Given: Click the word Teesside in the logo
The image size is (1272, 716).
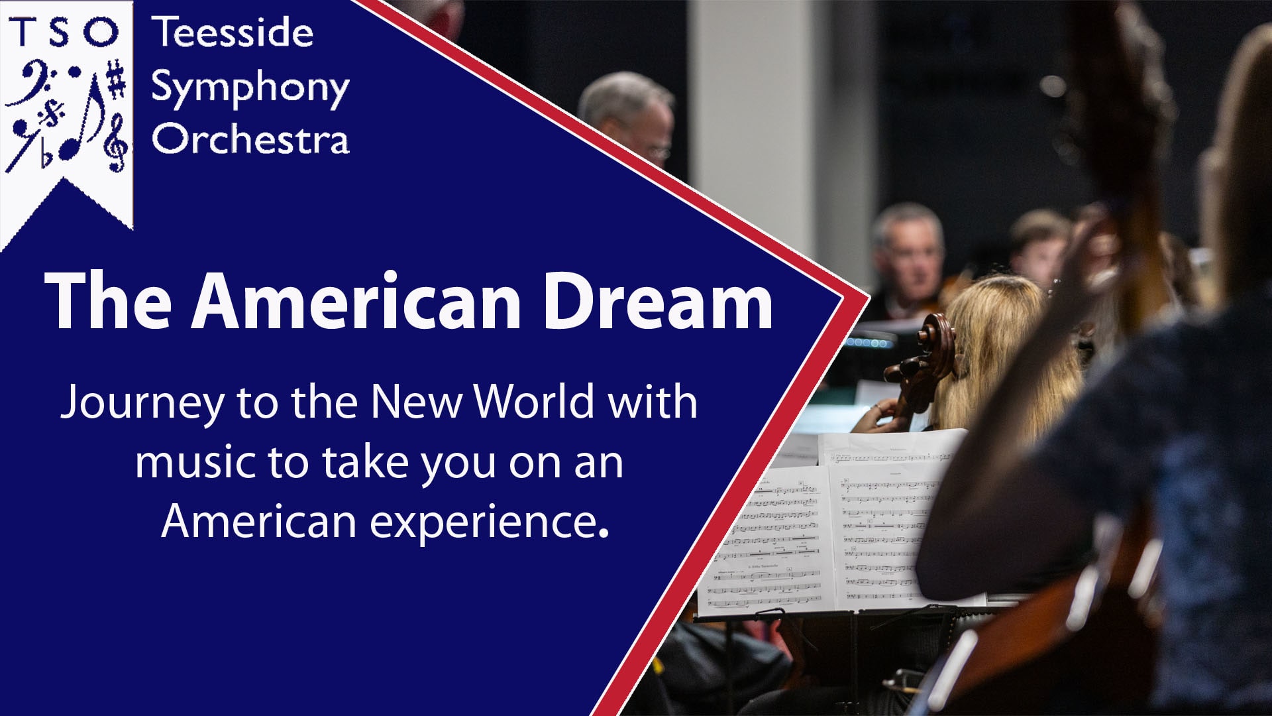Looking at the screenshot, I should point(233,33).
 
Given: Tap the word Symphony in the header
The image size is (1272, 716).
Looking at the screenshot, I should point(250,88).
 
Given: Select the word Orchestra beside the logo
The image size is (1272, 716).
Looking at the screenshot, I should point(250,139).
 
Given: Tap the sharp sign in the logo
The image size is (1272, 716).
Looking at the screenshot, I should point(117,80).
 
